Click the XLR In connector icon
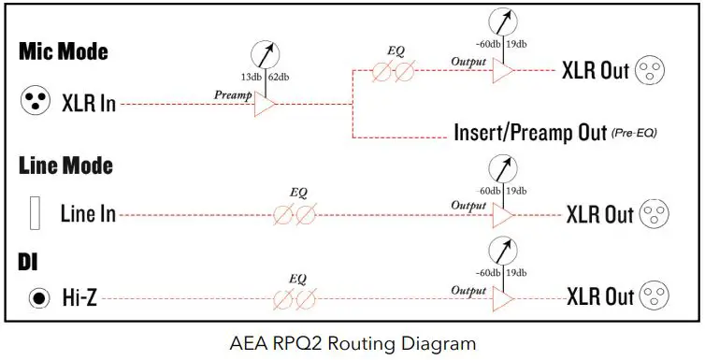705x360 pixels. tap(35, 103)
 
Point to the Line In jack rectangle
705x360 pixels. tap(36, 213)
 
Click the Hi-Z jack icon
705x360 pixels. tap(37, 298)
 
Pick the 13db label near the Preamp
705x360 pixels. tap(249, 77)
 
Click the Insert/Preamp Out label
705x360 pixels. tap(529, 132)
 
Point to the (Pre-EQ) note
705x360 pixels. tap(635, 134)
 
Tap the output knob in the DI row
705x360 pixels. tap(504, 252)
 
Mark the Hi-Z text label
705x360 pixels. tap(79, 298)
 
